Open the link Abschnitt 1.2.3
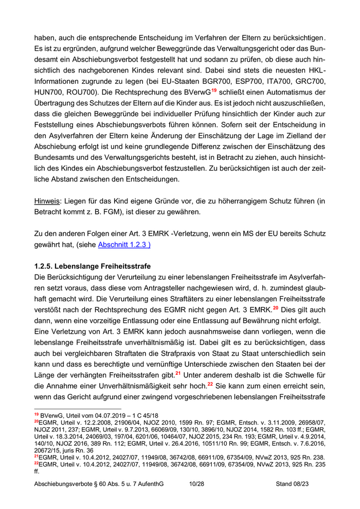click(x=124, y=245)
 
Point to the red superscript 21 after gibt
click(x=178, y=373)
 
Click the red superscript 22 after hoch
click(x=210, y=384)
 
